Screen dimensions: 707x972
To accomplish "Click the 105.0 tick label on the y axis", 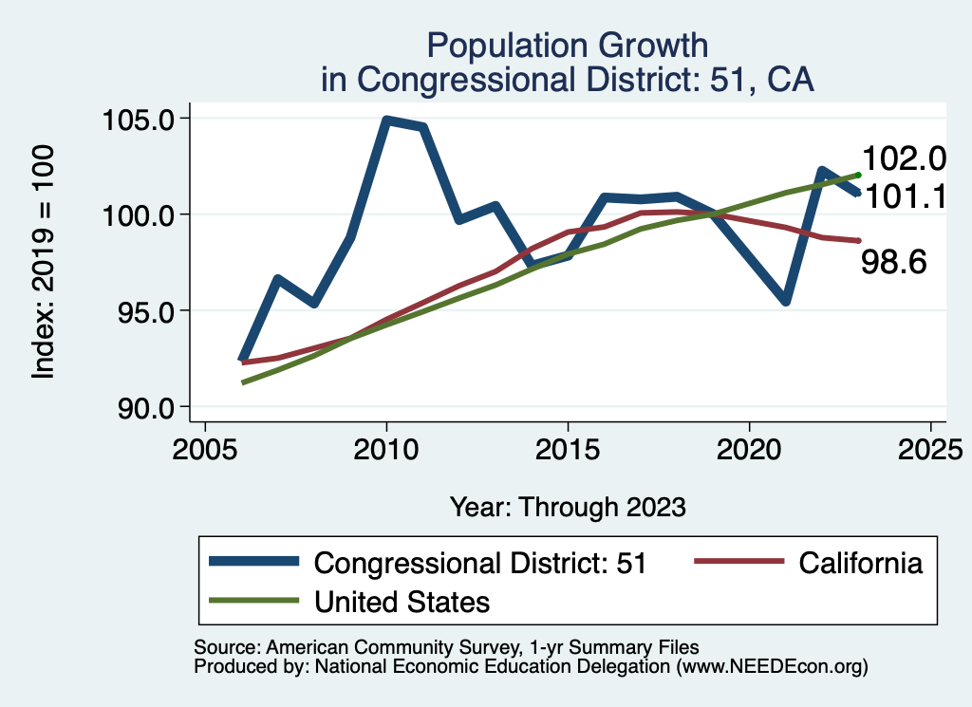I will click(145, 120).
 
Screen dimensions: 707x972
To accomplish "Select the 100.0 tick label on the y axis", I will click(145, 215).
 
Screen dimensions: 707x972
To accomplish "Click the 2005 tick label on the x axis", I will click(205, 450).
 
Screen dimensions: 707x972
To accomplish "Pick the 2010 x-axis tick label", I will click(386, 450).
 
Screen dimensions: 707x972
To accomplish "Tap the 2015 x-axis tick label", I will click(568, 450).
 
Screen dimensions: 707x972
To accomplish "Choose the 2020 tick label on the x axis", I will click(749, 450).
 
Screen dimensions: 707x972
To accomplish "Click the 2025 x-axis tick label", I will click(930, 450).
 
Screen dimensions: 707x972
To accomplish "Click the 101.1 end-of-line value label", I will click(903, 197).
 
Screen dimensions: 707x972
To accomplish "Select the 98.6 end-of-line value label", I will click(893, 263).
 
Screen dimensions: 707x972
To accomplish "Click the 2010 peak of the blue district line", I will click(386, 121).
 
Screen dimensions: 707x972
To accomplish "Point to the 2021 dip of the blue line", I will click(786, 301).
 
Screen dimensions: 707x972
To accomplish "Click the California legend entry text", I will click(860, 563).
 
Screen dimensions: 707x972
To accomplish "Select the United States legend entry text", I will click(402, 601).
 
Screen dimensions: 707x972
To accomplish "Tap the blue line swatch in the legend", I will click(253, 563).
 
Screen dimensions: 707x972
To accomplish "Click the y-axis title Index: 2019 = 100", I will click(43, 263).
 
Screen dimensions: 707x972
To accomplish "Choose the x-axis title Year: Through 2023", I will click(568, 507).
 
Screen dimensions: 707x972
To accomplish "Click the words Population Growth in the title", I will click(568, 45).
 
